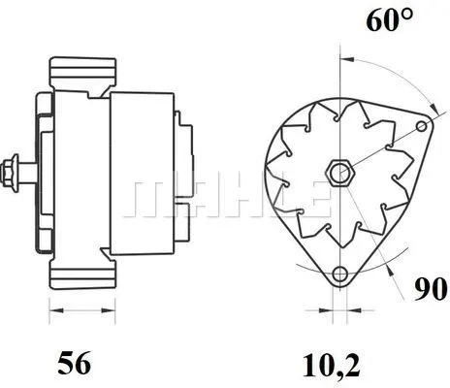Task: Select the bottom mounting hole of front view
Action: click(x=338, y=275)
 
